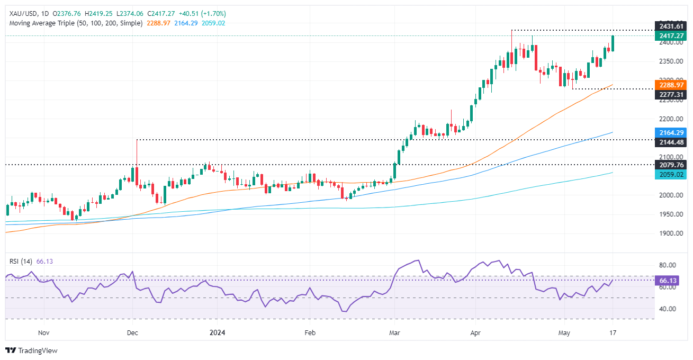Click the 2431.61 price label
670,26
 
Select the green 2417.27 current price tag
670,36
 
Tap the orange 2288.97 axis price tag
670,84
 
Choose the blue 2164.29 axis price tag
670,132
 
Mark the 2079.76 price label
670,165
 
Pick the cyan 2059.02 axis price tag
670,174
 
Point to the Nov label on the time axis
44,333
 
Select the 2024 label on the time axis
218,333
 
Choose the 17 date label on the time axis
613,333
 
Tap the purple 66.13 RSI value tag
670,281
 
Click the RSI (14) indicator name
20,261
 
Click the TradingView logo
31,350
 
